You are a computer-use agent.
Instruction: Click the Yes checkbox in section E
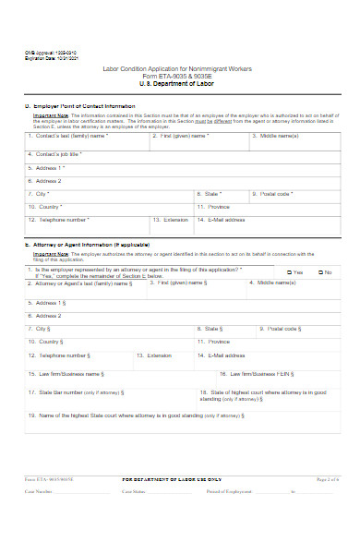tap(289, 272)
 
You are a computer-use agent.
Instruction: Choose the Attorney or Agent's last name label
tap(79, 283)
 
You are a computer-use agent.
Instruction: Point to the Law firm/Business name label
tap(66, 374)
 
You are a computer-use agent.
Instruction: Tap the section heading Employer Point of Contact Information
tap(79, 106)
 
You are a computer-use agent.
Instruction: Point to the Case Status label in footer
tap(135, 492)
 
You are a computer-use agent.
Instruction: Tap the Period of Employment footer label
tap(231, 492)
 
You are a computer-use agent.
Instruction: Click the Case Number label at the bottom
tap(40, 492)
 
